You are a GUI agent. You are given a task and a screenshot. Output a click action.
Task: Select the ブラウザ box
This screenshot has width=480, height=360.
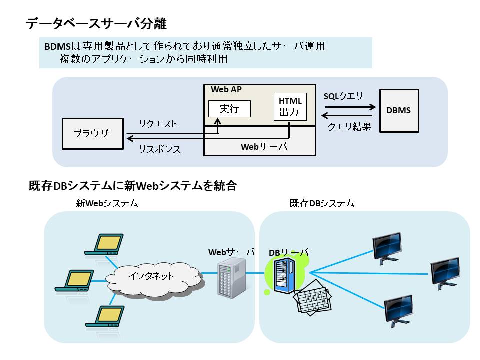point(93,133)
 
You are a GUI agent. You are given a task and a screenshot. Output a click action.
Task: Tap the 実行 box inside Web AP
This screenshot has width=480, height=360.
point(229,109)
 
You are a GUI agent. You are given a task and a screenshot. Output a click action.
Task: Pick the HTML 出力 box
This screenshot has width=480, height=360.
point(290,106)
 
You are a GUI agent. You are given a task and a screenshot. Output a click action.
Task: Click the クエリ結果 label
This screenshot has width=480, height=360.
point(349,127)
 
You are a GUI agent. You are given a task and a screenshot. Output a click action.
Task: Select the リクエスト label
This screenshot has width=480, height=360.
point(158,124)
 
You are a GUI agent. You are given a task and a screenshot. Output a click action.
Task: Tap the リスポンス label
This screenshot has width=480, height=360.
point(160,149)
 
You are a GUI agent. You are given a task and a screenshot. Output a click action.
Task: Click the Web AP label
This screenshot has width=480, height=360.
point(226,89)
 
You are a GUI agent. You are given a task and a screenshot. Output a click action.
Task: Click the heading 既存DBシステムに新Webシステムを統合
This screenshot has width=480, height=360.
point(133,186)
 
